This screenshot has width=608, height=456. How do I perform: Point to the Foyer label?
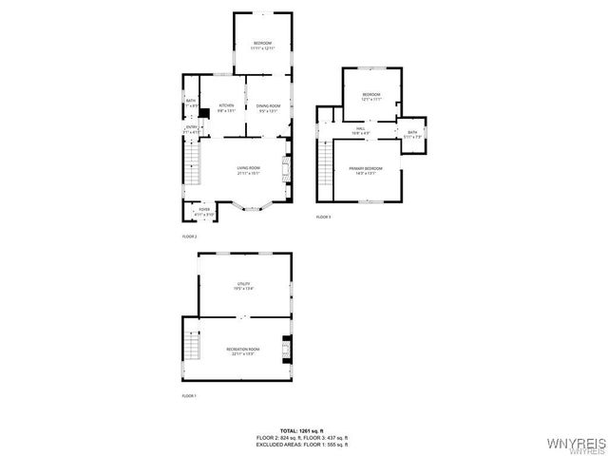coord(204,212)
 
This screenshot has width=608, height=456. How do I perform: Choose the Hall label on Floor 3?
coord(361,131)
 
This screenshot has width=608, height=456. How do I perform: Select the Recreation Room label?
coord(243,352)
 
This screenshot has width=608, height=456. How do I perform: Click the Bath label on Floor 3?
coord(412,135)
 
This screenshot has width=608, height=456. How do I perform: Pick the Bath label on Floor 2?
coord(191,104)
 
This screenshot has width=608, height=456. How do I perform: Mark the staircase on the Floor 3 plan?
coord(324,171)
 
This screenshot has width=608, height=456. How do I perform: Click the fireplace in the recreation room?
coord(286,349)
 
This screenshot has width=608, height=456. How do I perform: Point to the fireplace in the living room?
coord(285,171)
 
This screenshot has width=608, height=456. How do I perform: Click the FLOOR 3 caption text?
coord(324,218)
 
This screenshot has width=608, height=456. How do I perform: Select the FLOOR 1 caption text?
coord(189,394)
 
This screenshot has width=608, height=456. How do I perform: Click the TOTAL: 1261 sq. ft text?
coord(302,430)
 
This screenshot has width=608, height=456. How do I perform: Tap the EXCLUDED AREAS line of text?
coord(302,445)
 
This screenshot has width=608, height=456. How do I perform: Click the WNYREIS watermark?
coord(576,444)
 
